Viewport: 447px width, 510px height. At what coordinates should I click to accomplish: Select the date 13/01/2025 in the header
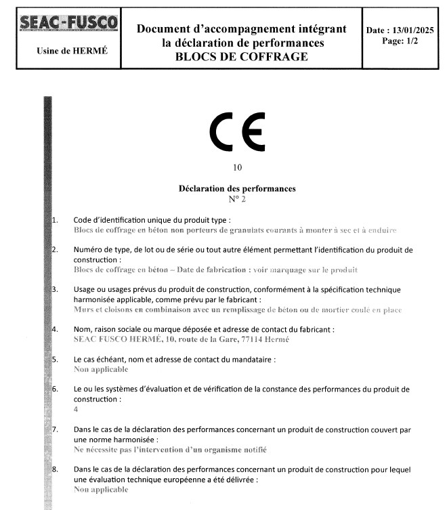(412, 30)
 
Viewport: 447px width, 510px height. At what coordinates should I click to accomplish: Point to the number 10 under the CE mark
(236, 167)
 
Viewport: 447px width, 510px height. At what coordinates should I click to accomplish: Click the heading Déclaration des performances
(236, 188)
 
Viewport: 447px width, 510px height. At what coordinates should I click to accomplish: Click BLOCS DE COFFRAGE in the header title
(241, 56)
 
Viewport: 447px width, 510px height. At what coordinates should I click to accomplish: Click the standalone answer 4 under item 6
(75, 409)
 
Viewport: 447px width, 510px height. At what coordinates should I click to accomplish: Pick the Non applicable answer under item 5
(100, 370)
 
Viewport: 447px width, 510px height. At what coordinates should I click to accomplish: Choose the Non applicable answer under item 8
(100, 488)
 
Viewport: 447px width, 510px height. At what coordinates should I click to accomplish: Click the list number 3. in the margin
(56, 290)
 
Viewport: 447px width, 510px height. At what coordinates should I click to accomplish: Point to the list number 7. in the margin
(56, 430)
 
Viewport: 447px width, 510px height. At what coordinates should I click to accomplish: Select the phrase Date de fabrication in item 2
(209, 270)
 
